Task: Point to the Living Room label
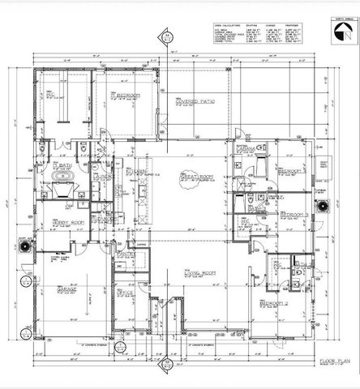pyautogui.click(x=199, y=274)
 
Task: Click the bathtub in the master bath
pyautogui.click(x=62, y=173)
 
